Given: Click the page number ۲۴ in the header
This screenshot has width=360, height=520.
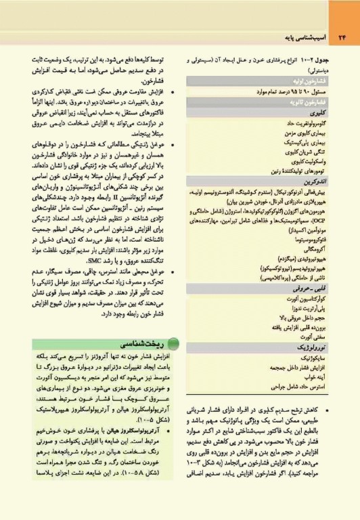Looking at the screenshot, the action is click(x=342, y=35).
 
